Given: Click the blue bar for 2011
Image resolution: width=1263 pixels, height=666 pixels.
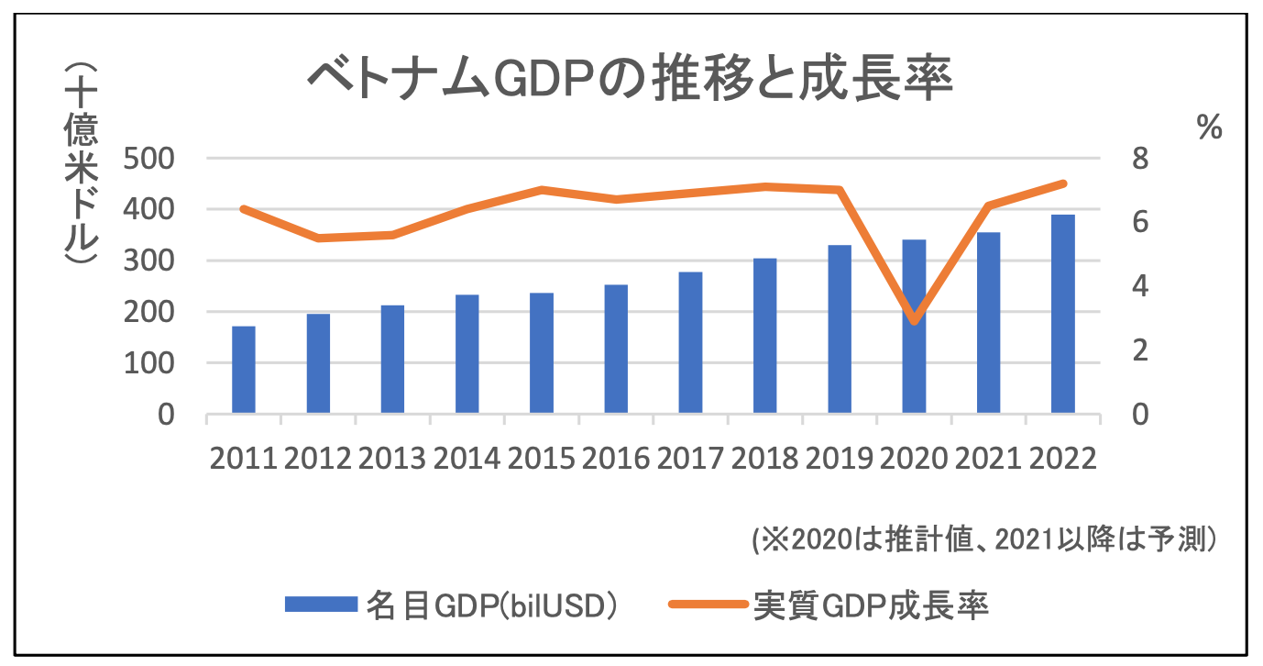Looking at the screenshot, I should pyautogui.click(x=243, y=370).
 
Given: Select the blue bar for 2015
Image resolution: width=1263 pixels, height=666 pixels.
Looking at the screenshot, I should pyautogui.click(x=541, y=353).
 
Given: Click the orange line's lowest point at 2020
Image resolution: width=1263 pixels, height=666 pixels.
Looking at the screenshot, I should pyautogui.click(x=914, y=320).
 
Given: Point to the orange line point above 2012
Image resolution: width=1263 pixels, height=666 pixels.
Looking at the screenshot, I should pyautogui.click(x=318, y=238).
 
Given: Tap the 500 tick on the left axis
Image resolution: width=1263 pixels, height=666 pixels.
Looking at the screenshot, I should pyautogui.click(x=148, y=159).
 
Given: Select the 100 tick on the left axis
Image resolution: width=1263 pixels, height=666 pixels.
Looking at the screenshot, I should pyautogui.click(x=148, y=363).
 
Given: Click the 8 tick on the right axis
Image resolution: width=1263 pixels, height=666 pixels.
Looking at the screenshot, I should pyautogui.click(x=1139, y=159).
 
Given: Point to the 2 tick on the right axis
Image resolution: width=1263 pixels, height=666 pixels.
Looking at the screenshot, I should pyautogui.click(x=1139, y=350).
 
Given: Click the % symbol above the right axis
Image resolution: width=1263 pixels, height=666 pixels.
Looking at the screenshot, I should pyautogui.click(x=1210, y=128).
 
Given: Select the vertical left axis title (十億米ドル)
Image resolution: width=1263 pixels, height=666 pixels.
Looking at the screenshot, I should pyautogui.click(x=81, y=165).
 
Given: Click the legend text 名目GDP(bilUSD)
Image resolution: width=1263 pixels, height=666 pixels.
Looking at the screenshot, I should pyautogui.click(x=490, y=605).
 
